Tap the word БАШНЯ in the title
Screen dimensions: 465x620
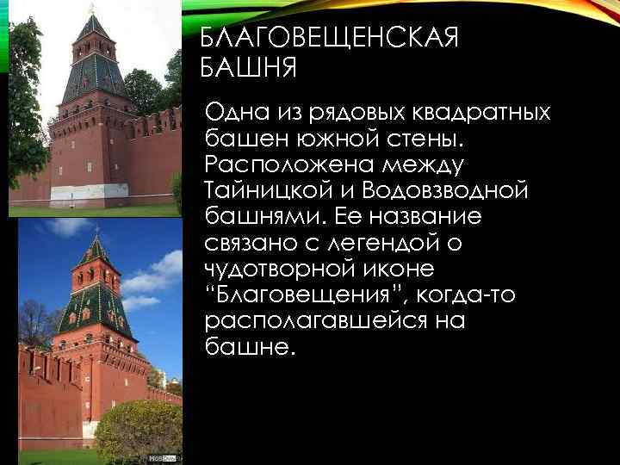[x=249, y=66]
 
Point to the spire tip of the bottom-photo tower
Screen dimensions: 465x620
[x=96, y=231]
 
